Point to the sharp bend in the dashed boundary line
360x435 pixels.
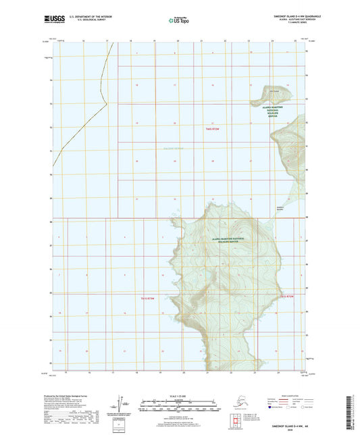(x=106, y=105)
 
